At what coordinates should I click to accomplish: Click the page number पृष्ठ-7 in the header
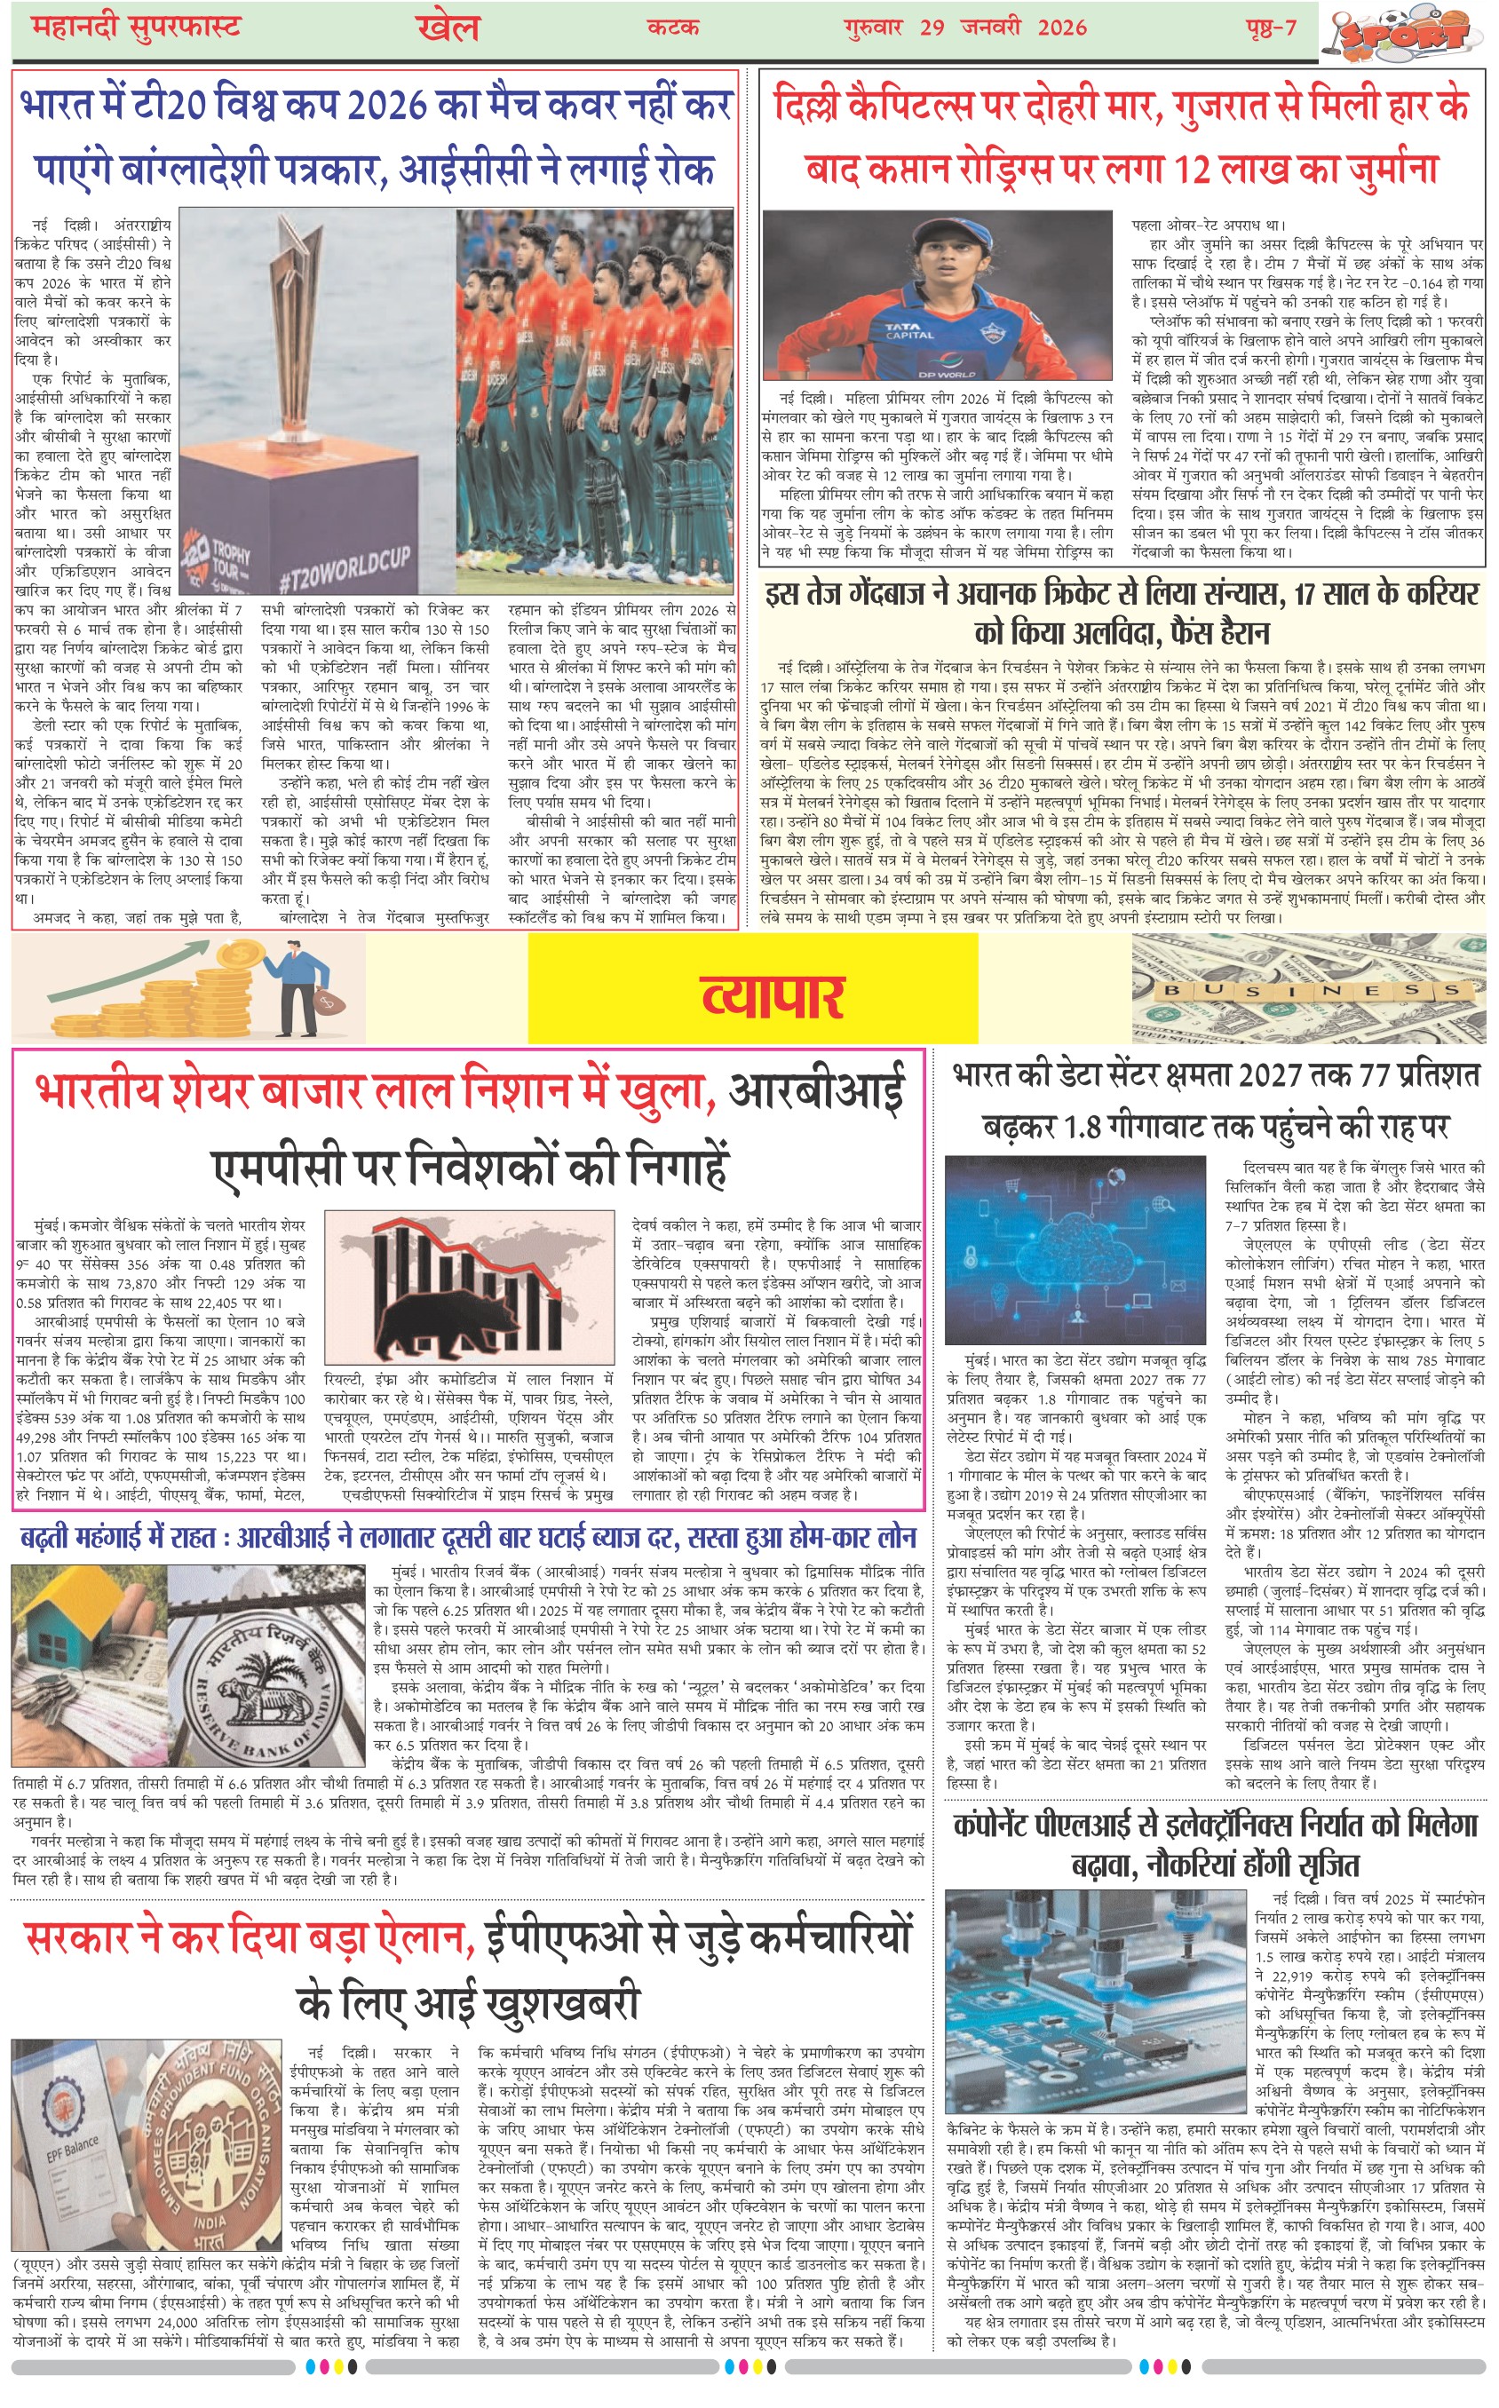(x=1270, y=27)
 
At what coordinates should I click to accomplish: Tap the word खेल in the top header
(x=448, y=27)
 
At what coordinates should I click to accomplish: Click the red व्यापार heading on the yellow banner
(x=773, y=996)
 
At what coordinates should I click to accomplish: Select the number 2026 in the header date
(x=1062, y=27)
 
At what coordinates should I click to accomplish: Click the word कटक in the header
(x=673, y=27)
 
